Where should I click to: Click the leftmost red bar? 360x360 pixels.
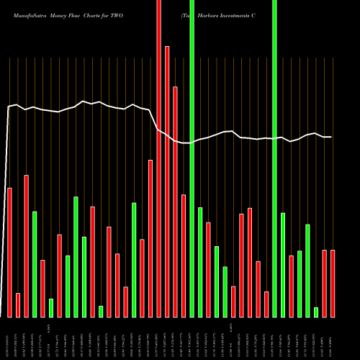tap(9, 252)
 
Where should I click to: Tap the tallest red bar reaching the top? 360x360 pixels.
tap(158, 158)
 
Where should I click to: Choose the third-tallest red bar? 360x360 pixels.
tap(175, 202)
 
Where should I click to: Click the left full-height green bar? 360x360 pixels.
tap(192, 158)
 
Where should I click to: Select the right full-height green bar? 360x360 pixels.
tap(274, 158)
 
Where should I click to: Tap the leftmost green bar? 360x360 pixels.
tap(34, 264)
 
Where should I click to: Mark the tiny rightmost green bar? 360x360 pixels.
tap(316, 312)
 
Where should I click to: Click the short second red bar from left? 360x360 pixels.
tap(18, 305)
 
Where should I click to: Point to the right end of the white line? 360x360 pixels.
tap(330, 137)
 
